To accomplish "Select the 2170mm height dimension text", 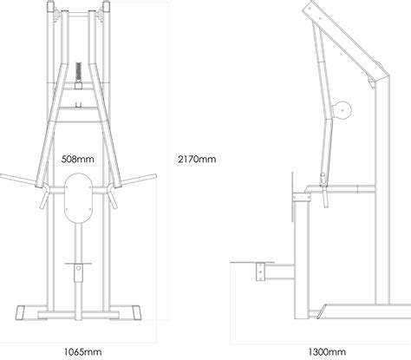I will click(x=195, y=159).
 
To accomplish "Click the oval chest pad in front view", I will click(x=81, y=199).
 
